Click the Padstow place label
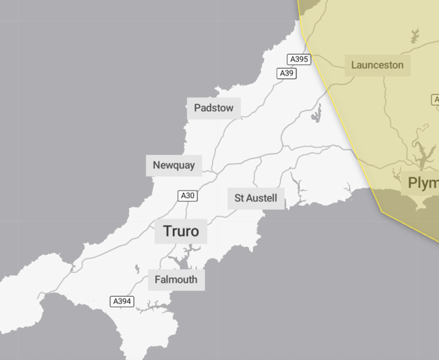point(213,108)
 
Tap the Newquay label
point(174,165)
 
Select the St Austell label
point(255,198)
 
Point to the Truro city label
point(181,231)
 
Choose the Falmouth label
point(176,280)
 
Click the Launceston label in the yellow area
point(377,65)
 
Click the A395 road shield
point(298,60)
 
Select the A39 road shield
point(286,73)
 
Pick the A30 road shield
point(188,196)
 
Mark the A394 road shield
point(122,301)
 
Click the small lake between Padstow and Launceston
point(317,114)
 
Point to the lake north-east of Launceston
point(415,35)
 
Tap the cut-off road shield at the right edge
point(436,100)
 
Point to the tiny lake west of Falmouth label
point(137,269)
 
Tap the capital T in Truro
point(167,231)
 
